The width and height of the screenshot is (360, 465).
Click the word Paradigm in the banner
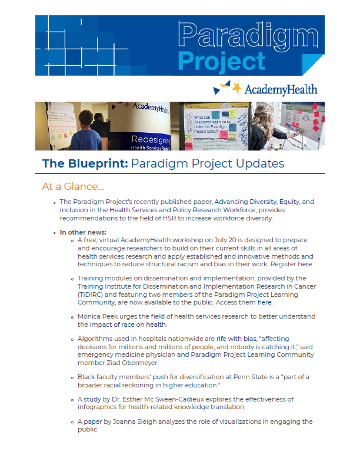click(248, 36)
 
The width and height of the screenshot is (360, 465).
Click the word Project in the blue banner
click(221, 61)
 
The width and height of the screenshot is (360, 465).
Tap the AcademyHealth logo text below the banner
click(281, 89)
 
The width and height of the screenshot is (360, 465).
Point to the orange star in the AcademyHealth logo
click(236, 88)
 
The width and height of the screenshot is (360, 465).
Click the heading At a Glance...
click(73, 186)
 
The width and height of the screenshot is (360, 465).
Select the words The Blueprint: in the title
click(85, 163)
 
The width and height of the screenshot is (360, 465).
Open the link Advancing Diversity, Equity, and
click(264, 202)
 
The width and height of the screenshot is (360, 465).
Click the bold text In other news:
click(83, 232)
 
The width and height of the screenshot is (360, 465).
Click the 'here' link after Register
click(305, 264)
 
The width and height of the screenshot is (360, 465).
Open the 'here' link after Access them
click(265, 302)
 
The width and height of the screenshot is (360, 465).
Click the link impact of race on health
click(128, 325)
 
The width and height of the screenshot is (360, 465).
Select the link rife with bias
click(236, 339)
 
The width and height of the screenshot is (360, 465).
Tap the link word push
click(160, 377)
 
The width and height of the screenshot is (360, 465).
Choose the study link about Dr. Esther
click(92, 399)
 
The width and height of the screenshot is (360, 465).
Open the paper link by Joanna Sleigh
click(92, 421)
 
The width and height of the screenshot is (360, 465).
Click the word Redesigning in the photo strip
click(151, 139)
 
